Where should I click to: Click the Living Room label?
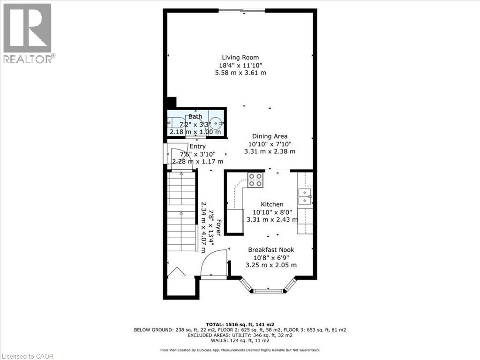coord(240,58)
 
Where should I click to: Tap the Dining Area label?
coord(270,136)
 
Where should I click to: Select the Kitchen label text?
coord(272,204)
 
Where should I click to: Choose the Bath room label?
coord(195,117)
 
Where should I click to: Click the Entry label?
coord(197,146)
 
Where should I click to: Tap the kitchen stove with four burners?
coord(255,180)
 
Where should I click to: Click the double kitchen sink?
coord(305,196)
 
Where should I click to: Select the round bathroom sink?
coord(216,124)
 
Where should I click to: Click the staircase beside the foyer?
coord(181,211)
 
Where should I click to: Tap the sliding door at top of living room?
coord(241,11)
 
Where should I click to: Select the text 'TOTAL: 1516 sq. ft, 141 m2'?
coord(240,324)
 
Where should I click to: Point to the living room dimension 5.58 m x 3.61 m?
coord(240,73)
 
